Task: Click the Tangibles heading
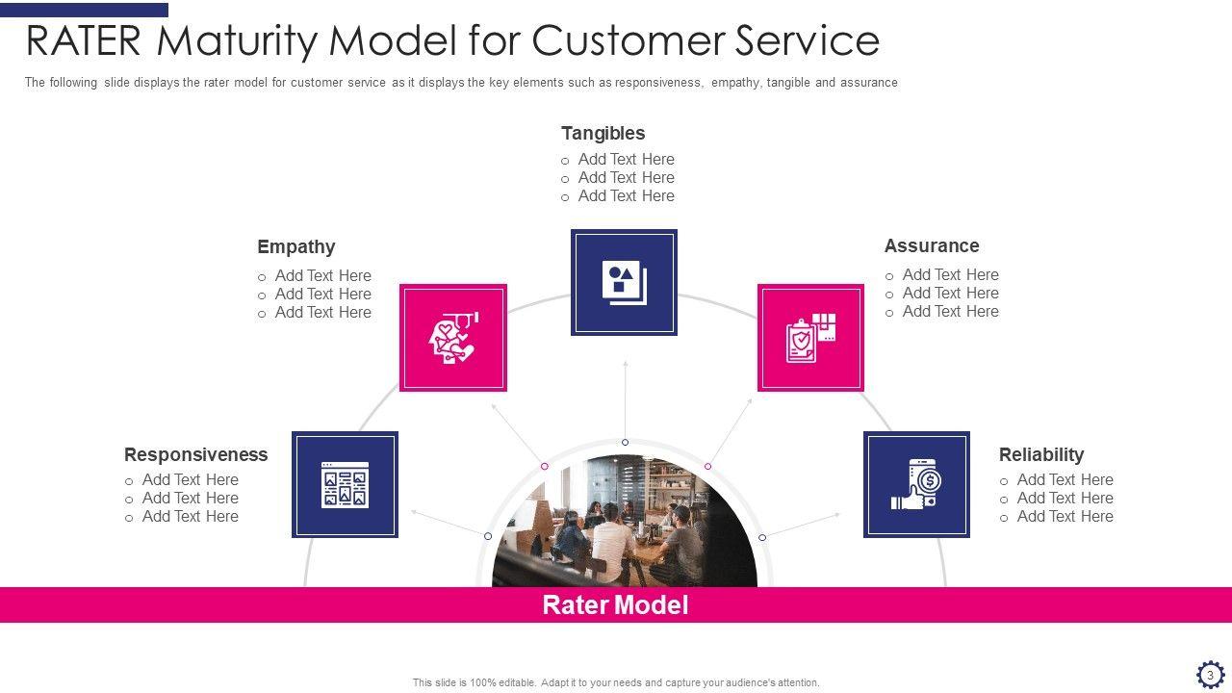(603, 133)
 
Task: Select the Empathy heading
(295, 246)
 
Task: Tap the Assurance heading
(931, 245)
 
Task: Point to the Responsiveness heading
(195, 454)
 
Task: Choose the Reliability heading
(1040, 454)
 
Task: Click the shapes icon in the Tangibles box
(624, 282)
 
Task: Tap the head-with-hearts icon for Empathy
(452, 338)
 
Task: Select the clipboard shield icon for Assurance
(810, 338)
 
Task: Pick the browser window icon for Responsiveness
(345, 484)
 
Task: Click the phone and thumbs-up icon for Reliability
(916, 484)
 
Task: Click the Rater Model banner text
(615, 604)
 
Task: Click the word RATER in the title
(85, 41)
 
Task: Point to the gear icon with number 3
(1210, 675)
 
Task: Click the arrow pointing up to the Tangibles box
(625, 399)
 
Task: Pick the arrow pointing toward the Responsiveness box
(448, 523)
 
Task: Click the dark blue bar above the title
(84, 10)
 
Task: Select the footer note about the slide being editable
(616, 682)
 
